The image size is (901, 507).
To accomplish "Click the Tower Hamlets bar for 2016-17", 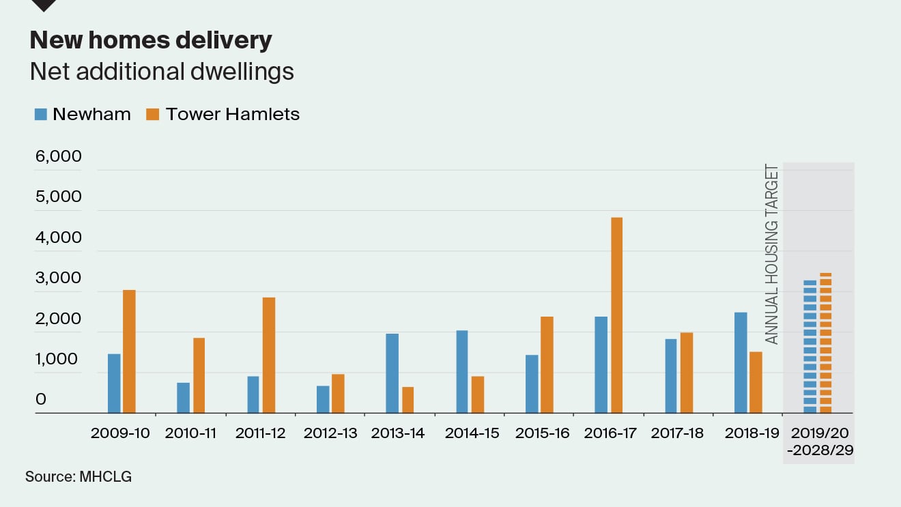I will click(x=616, y=315).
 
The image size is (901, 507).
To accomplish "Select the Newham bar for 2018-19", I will click(x=741, y=363).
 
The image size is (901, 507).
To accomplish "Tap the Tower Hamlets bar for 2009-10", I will click(x=129, y=351).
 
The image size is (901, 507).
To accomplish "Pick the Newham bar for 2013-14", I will click(x=392, y=373).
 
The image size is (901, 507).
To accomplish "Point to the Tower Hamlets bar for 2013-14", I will click(x=408, y=400).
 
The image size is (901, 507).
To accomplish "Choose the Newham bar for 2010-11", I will click(x=183, y=398).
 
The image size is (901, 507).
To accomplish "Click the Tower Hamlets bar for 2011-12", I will click(x=269, y=356).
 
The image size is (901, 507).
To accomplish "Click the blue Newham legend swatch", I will click(x=41, y=115).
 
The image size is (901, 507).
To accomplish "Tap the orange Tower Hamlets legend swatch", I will click(x=153, y=115).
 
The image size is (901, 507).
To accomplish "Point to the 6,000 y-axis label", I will click(x=58, y=156).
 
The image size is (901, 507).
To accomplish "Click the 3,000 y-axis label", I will click(x=58, y=278).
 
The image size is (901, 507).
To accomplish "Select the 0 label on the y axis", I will click(x=41, y=399).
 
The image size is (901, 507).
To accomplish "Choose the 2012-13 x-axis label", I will click(x=330, y=433).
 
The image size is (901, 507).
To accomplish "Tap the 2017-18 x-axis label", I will click(x=677, y=433).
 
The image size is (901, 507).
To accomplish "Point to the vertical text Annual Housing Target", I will click(x=771, y=254).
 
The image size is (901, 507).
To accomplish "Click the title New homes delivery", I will click(x=151, y=41).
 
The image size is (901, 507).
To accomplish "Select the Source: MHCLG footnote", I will click(x=78, y=476).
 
